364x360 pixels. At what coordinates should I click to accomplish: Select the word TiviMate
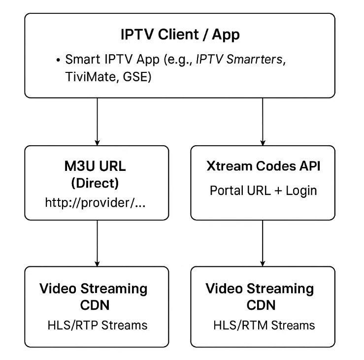tap(91, 77)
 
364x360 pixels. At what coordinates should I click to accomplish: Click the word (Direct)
tap(95, 183)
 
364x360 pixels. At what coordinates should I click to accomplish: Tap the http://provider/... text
tap(95, 202)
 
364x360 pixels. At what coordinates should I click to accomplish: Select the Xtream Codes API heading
tap(263, 166)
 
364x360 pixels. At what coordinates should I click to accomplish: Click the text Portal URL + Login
tap(263, 191)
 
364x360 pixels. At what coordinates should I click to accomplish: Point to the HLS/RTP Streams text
tap(98, 325)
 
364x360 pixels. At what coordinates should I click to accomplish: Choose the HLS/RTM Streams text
tap(264, 325)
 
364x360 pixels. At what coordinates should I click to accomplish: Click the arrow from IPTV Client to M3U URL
tap(98, 121)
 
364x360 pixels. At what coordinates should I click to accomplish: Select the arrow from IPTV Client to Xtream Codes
tap(263, 121)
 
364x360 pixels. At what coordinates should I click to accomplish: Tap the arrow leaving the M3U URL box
tap(98, 243)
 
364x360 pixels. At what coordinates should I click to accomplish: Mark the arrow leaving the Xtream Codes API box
tap(263, 243)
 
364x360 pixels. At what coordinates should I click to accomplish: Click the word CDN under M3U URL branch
tap(95, 305)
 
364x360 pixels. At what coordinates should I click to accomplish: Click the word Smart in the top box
tap(80, 60)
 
